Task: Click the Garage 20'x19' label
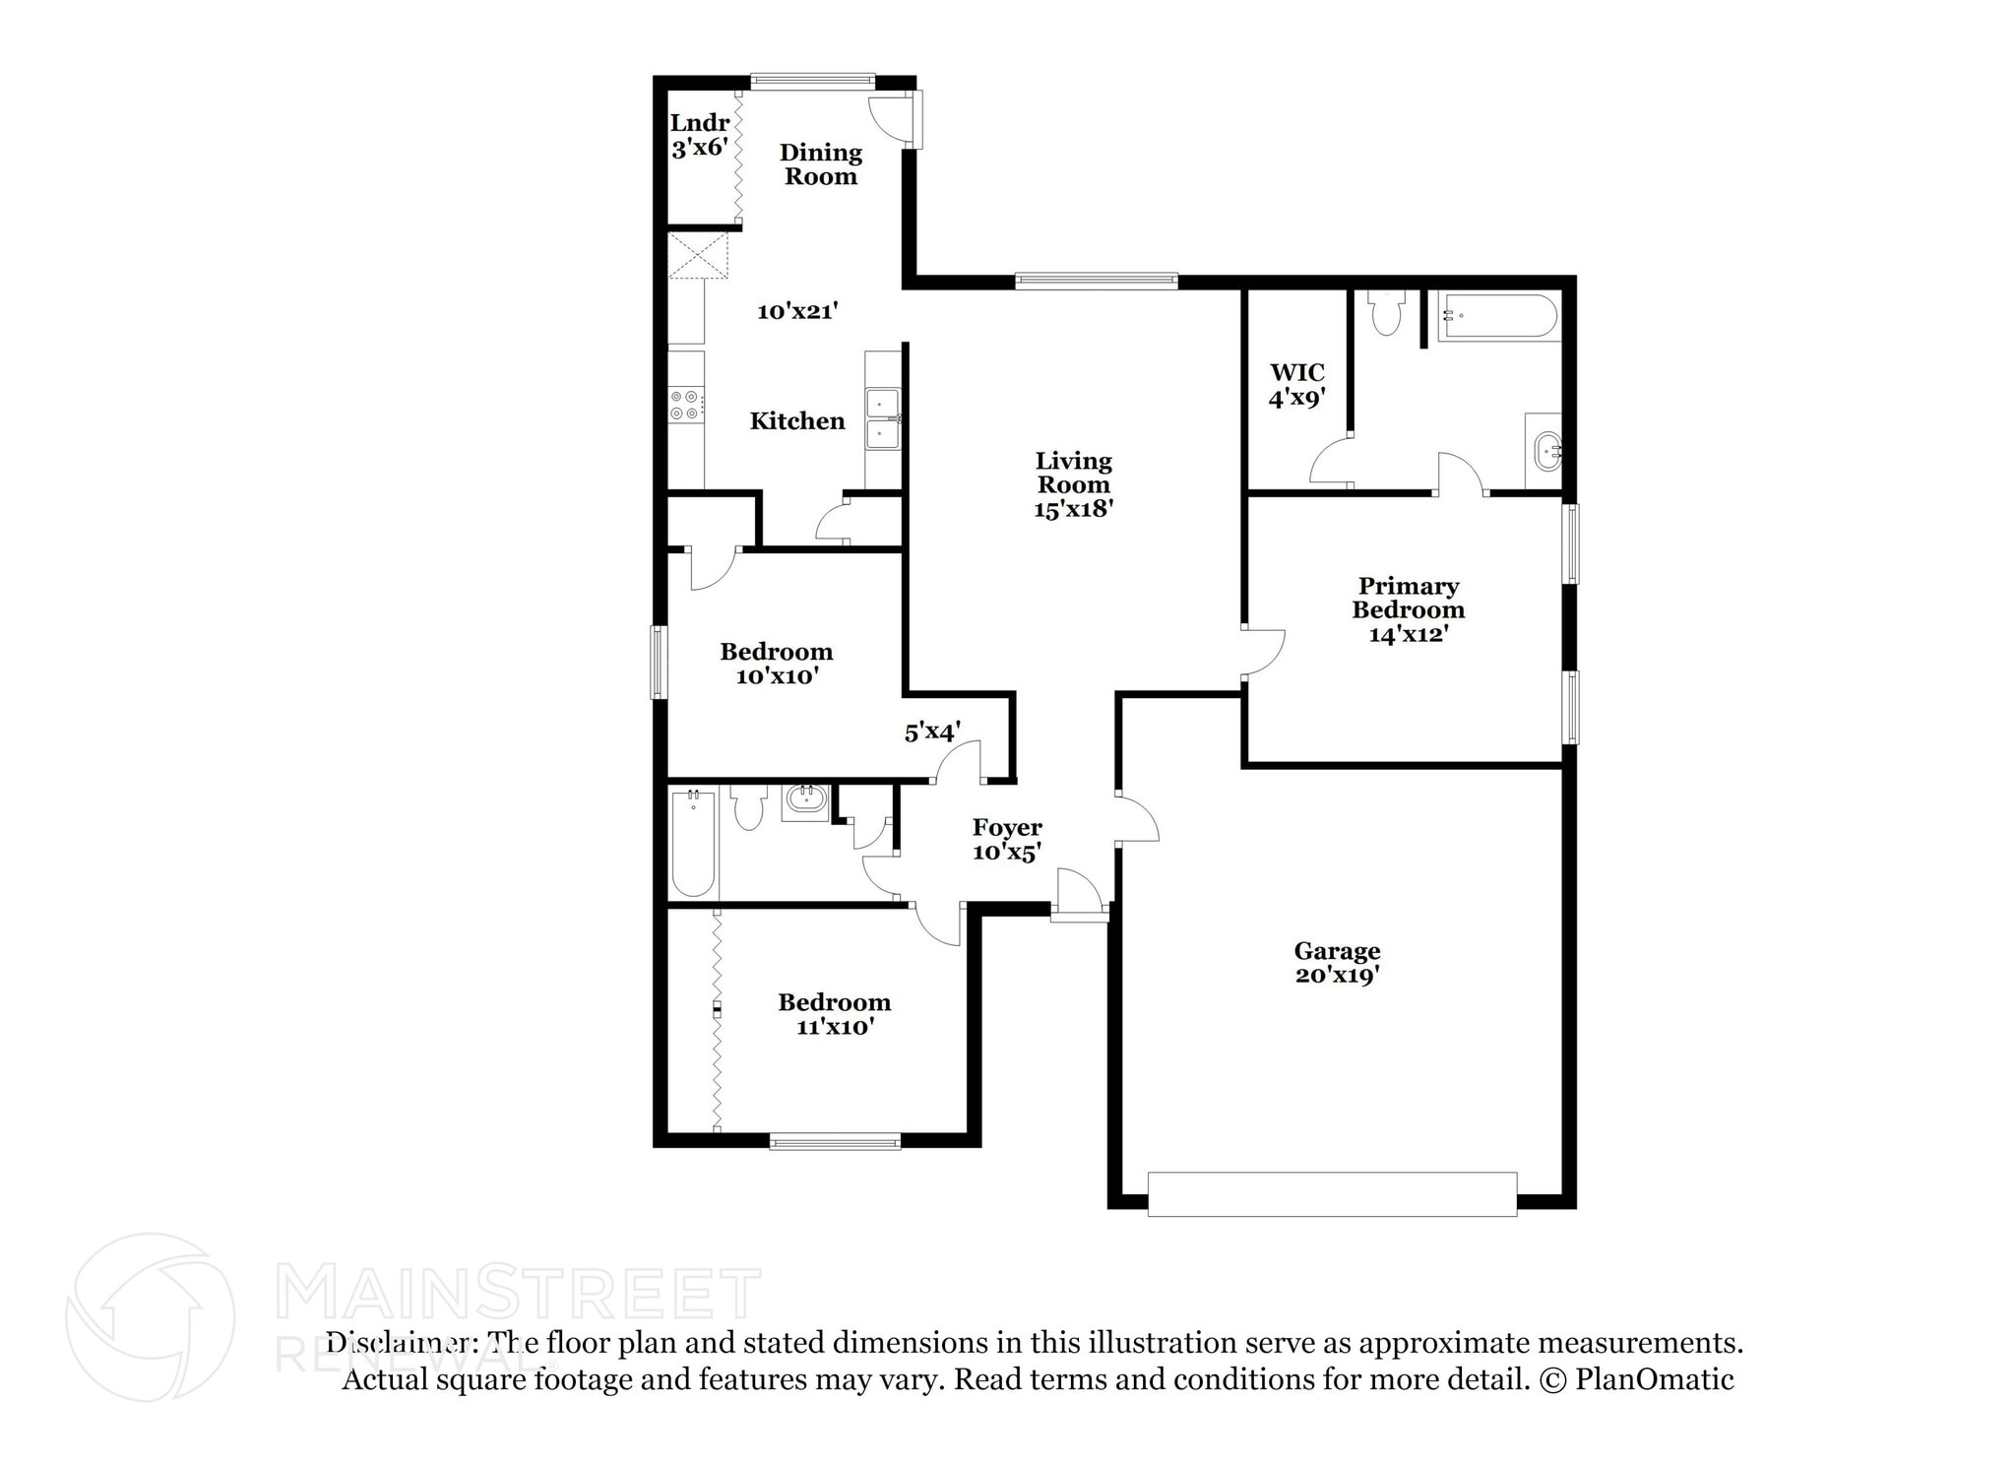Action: [x=1336, y=963]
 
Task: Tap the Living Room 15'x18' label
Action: [x=1073, y=484]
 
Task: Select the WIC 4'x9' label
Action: [x=1296, y=385]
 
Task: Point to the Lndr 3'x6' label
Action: [x=700, y=135]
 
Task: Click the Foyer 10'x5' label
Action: [x=1006, y=839]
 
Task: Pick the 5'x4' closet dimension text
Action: [x=932, y=732]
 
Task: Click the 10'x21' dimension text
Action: [x=797, y=311]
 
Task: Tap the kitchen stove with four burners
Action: [x=686, y=404]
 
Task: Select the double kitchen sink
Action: [x=882, y=418]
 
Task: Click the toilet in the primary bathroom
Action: [x=1386, y=313]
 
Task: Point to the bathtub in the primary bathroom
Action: [x=1497, y=317]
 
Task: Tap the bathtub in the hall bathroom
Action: [x=693, y=842]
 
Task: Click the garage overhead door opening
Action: [x=1331, y=1193]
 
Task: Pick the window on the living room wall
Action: [x=1097, y=281]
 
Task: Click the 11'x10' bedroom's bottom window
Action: [x=835, y=1142]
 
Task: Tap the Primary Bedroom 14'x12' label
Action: [x=1408, y=609]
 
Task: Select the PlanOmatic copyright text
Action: [x=1636, y=1379]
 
